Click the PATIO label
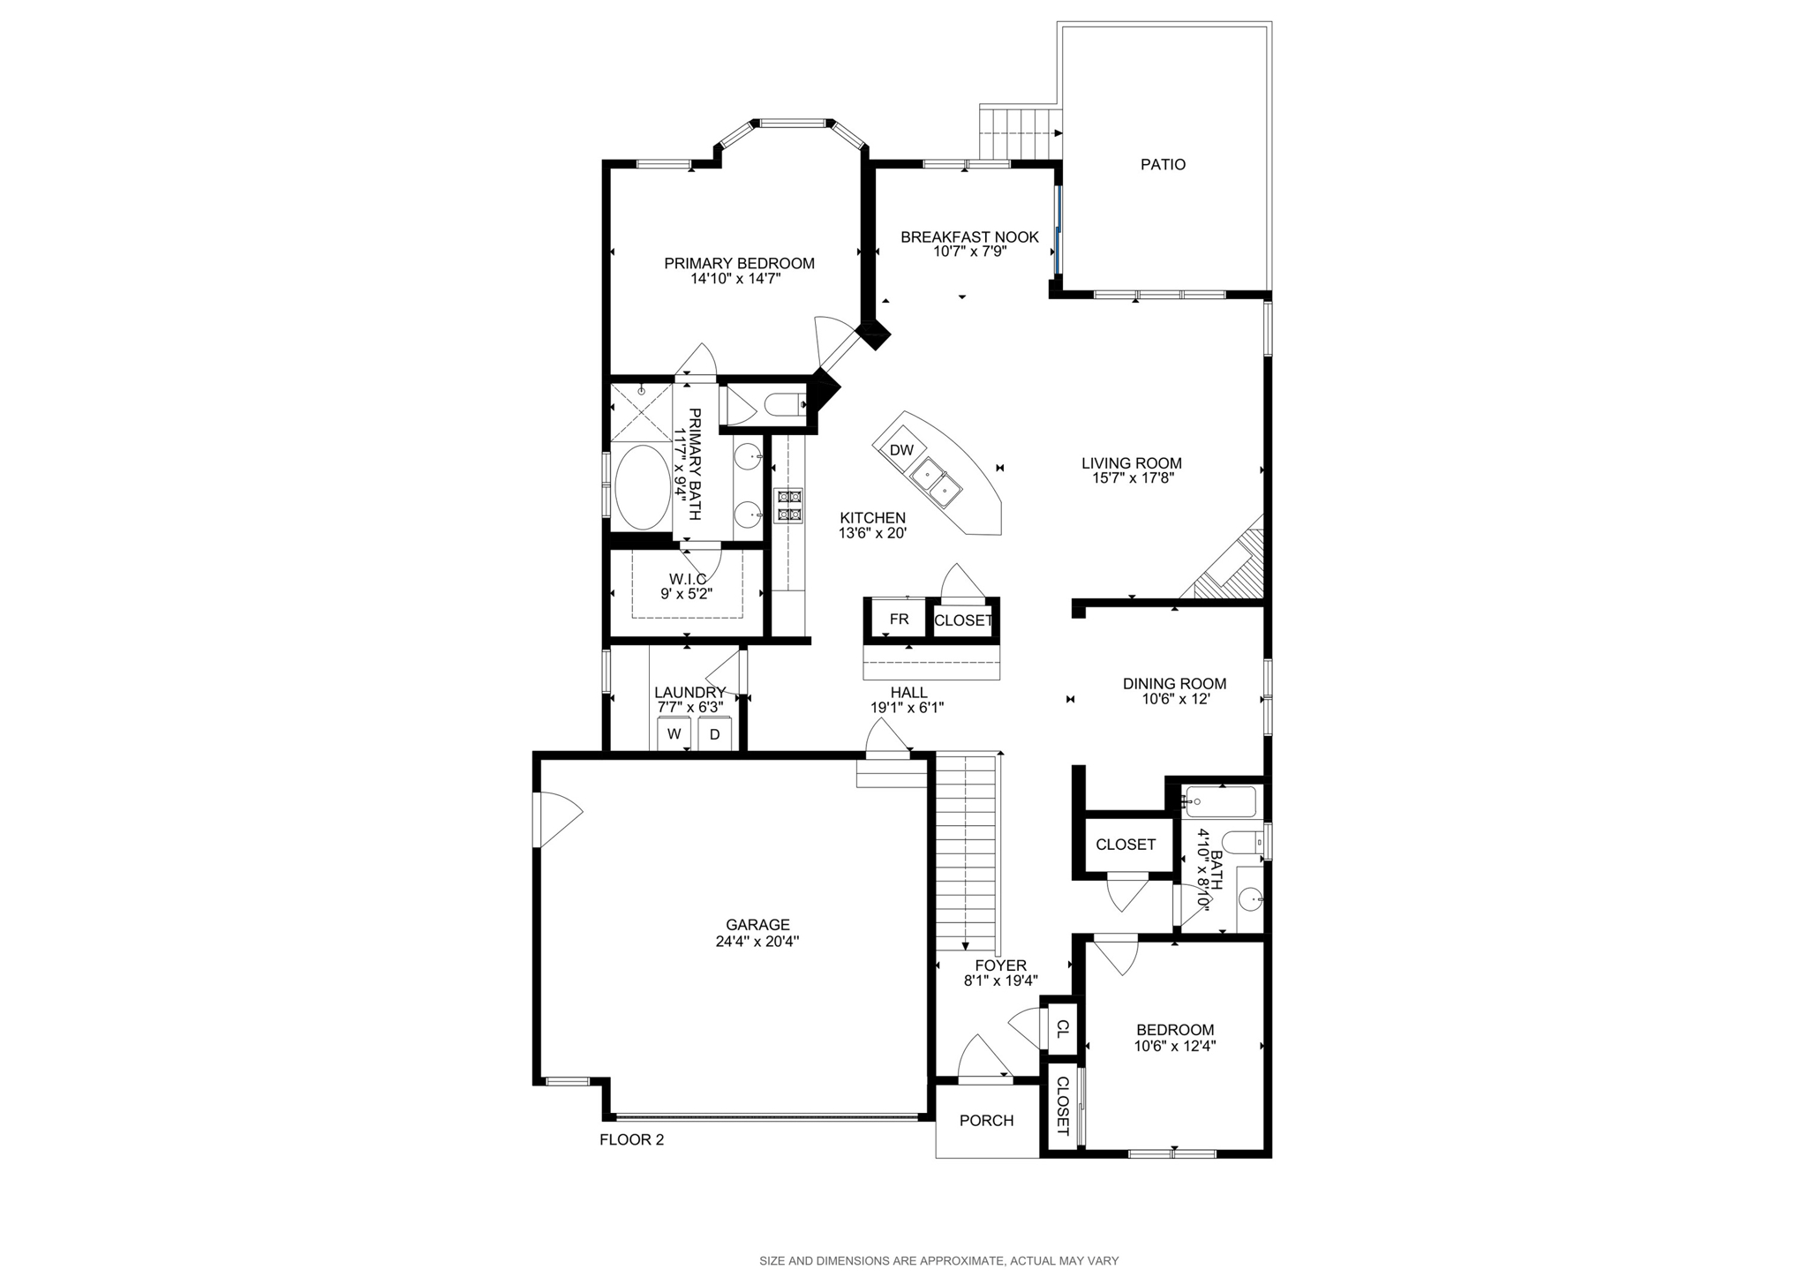click(x=1163, y=165)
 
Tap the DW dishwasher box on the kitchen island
click(x=900, y=450)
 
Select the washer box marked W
click(x=674, y=733)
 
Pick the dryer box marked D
click(x=715, y=733)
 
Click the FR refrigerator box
click(x=899, y=620)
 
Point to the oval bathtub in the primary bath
click(x=642, y=487)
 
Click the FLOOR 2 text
click(x=631, y=1139)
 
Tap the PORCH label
click(x=986, y=1121)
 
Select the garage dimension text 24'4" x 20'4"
click(x=757, y=942)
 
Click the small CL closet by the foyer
click(x=1063, y=1028)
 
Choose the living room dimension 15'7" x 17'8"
click(x=1132, y=478)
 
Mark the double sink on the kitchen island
click(x=937, y=481)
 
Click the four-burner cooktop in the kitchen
click(x=788, y=505)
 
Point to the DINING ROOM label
click(x=1174, y=684)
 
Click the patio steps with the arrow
click(x=1020, y=132)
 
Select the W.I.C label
click(x=688, y=579)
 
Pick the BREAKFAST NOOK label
click(x=969, y=237)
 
